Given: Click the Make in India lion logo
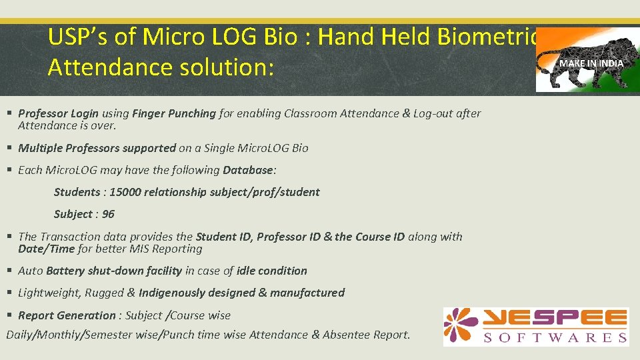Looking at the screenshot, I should (x=587, y=59).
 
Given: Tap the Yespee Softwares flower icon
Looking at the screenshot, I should (x=461, y=326).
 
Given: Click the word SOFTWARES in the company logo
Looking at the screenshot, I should (x=555, y=337).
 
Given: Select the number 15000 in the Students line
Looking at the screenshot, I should (x=125, y=192).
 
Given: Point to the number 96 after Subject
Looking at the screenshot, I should (x=108, y=214).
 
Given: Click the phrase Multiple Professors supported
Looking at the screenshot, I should (x=97, y=148).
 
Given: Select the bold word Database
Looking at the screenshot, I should (x=248, y=170).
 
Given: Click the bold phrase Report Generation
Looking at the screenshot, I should (x=67, y=315).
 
